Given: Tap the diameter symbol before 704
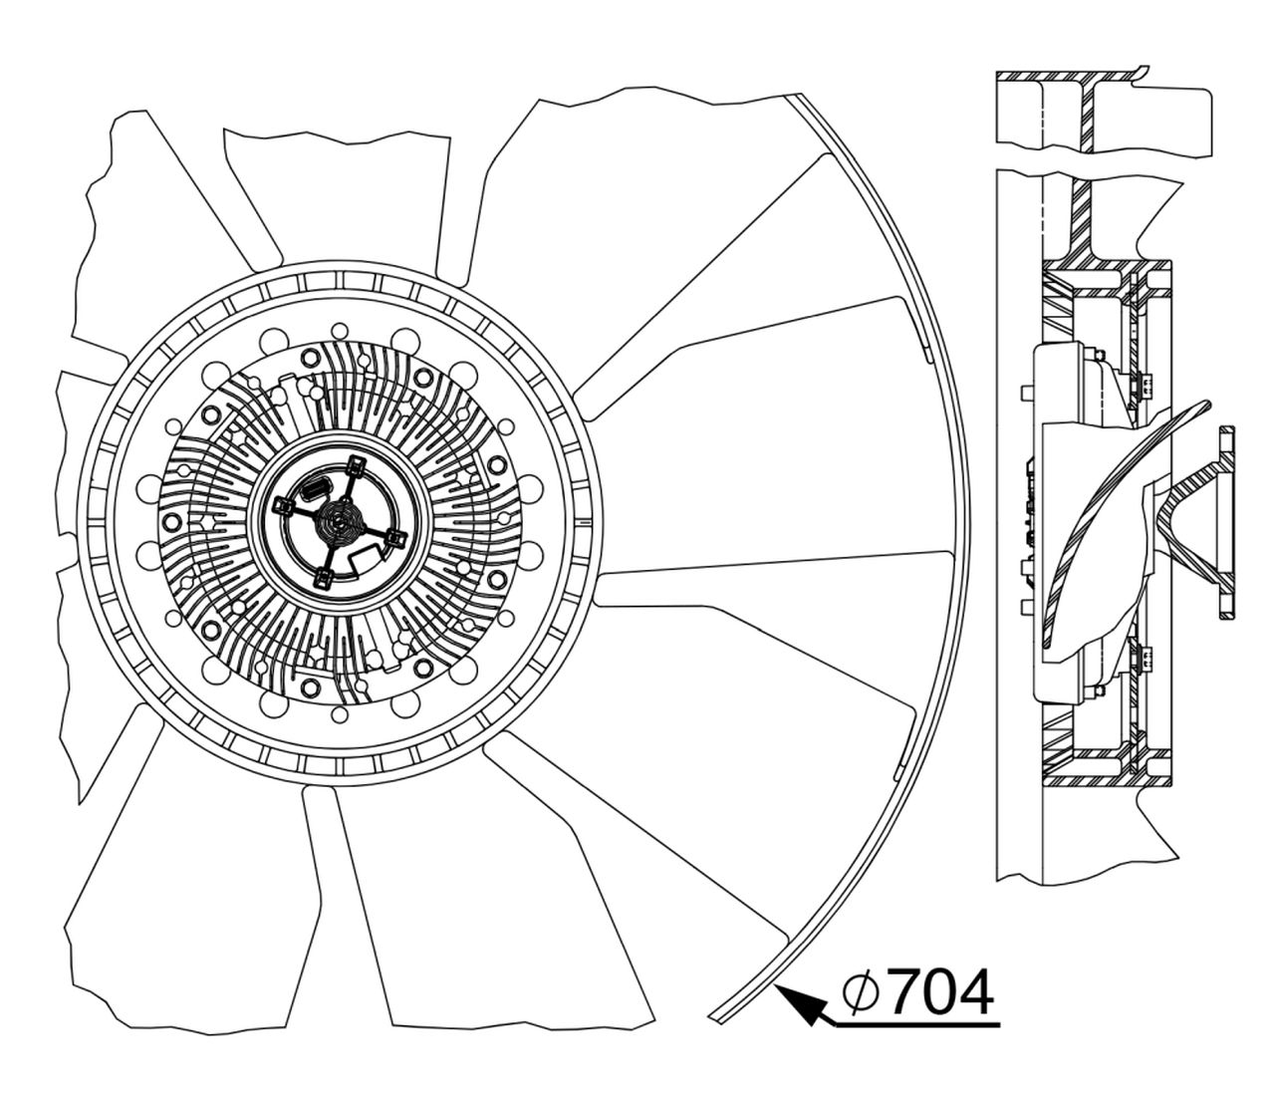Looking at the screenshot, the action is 861,995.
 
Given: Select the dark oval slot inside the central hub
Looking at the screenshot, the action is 317,491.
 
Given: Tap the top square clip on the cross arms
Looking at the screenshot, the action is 354,466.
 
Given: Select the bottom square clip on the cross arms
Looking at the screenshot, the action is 323,578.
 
